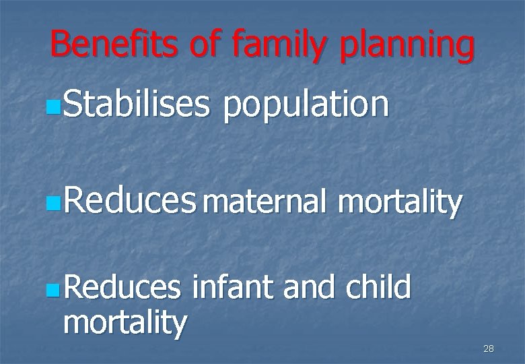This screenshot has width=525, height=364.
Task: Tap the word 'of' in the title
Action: tap(209, 44)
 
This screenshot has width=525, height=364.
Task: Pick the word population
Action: tap(306, 106)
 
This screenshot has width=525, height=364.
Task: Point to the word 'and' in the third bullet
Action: tap(310, 288)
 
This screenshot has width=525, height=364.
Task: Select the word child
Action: tap(378, 288)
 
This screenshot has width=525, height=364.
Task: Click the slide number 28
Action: tap(489, 348)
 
